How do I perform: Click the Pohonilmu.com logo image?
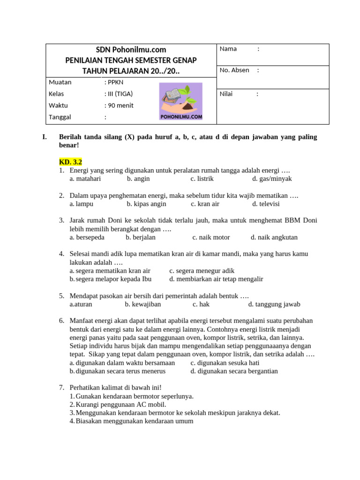(180, 102)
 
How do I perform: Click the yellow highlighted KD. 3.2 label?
(70, 162)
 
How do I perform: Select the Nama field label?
(228, 49)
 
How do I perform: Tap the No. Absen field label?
(234, 70)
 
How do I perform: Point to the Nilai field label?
(227, 94)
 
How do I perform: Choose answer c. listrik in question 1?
(202, 179)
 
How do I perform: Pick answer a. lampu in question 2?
(82, 204)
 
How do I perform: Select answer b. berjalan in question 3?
(141, 237)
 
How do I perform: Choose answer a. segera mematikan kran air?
(110, 270)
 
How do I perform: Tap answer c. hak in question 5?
(201, 304)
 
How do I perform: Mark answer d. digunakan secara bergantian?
(234, 371)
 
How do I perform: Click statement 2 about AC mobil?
(118, 404)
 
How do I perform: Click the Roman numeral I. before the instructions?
(45, 137)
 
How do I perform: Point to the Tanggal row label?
(60, 117)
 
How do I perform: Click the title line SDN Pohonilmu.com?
(131, 50)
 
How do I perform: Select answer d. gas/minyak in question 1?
(272, 179)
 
